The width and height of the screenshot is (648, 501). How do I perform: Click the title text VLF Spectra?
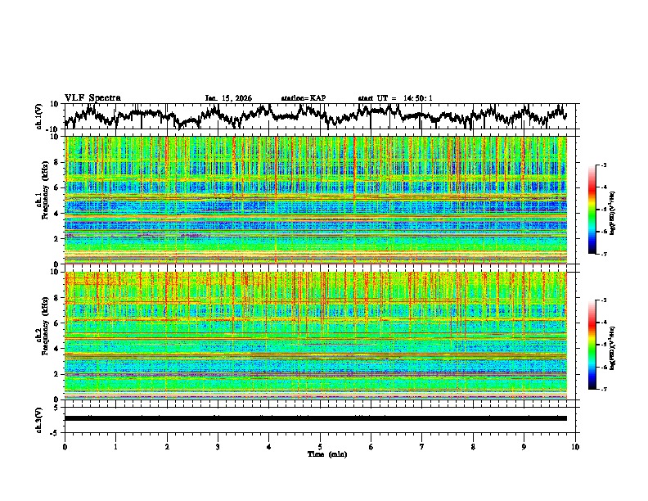point(92,97)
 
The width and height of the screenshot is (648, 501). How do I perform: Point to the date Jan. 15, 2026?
point(228,98)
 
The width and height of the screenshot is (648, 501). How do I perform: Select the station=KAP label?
point(304,98)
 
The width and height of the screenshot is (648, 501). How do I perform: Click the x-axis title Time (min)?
point(320,454)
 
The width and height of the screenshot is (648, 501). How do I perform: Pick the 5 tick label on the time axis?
point(320,446)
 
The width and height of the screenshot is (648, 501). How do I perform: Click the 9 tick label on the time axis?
point(524,446)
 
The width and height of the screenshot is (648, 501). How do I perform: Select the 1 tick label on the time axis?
point(115,446)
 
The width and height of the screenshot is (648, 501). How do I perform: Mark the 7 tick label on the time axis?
point(422,446)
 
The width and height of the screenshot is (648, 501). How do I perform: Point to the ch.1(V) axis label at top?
point(39,116)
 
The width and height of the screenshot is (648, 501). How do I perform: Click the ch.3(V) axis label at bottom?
point(39,418)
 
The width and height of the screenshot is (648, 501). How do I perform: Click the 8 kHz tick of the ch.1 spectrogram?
point(57,162)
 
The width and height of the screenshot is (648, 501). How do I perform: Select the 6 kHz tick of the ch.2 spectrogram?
point(57,323)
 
